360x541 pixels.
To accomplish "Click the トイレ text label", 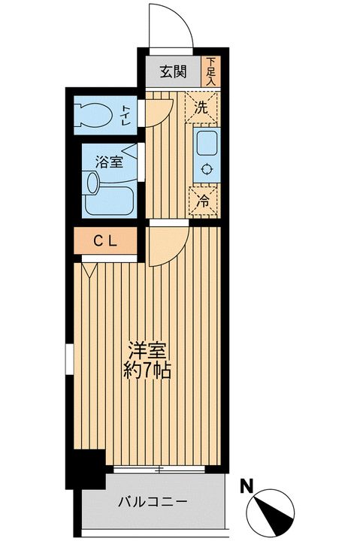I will (x=126, y=115).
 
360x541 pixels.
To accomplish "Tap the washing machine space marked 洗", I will (x=201, y=107).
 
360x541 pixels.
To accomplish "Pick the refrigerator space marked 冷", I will (x=202, y=201).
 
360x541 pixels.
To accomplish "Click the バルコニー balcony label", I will (x=153, y=500).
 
